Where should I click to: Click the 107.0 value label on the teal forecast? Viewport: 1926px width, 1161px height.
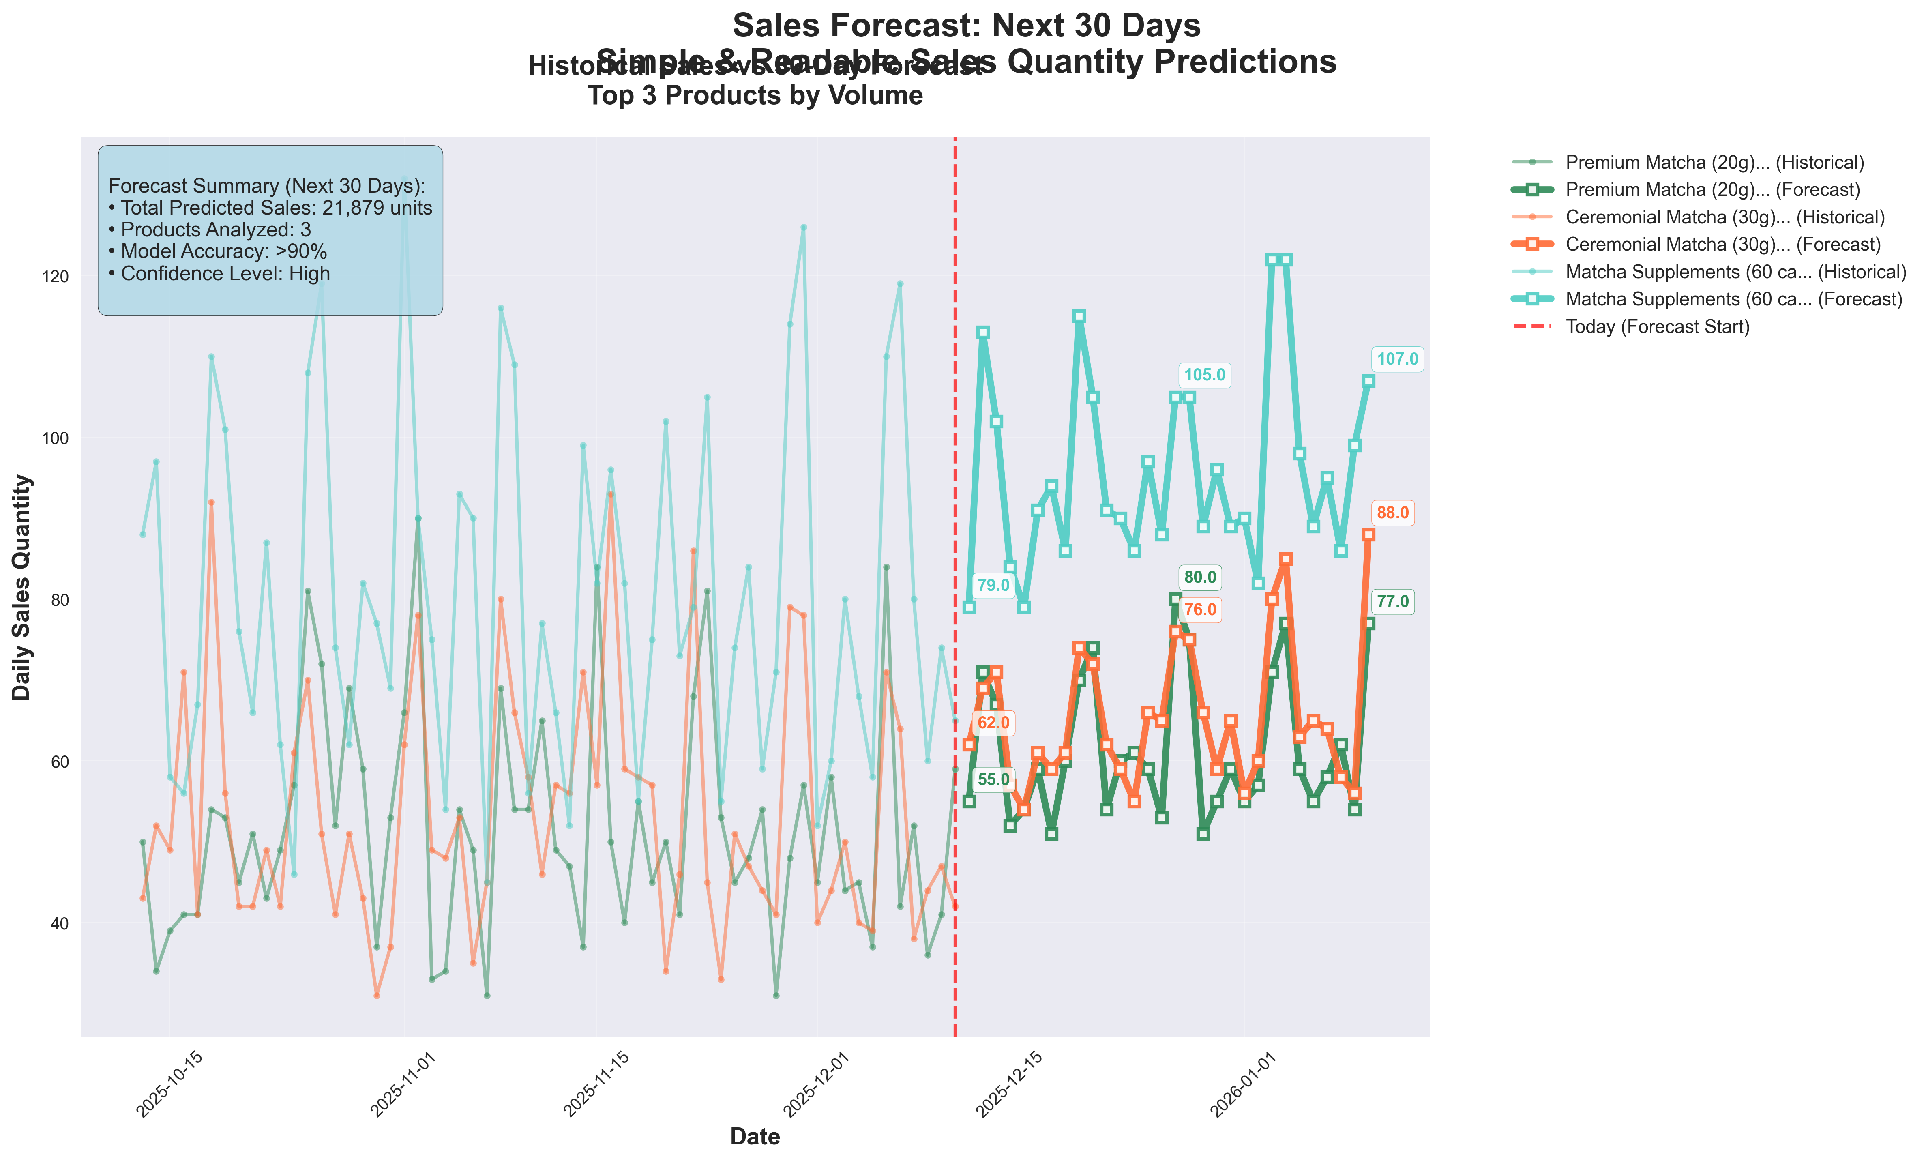pos(1397,360)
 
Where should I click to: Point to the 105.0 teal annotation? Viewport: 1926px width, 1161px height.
pos(1204,375)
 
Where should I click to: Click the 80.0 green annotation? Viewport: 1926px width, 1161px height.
pos(1200,578)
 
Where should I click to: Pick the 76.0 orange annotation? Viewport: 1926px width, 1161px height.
pos(1200,610)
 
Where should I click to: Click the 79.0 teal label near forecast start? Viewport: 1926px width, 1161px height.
pos(993,586)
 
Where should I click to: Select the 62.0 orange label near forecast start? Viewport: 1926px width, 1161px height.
pos(993,723)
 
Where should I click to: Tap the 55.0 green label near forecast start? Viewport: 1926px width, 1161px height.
pos(993,779)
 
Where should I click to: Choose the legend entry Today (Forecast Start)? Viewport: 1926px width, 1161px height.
pos(1657,327)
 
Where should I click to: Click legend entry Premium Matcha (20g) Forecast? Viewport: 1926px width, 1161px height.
pos(1712,190)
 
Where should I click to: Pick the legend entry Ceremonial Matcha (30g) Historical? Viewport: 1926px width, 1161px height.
pos(1724,217)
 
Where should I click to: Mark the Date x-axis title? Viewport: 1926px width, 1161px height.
pos(754,1137)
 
